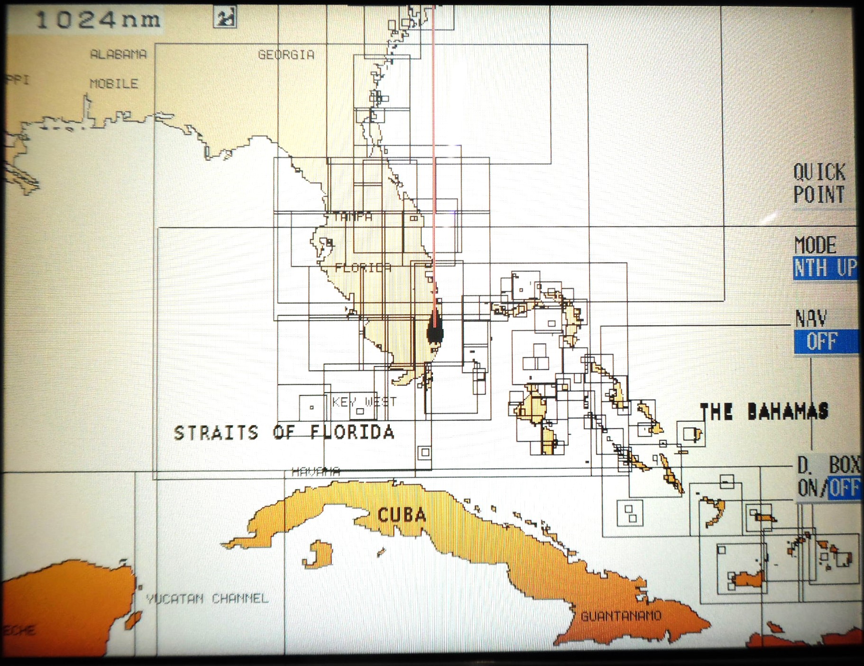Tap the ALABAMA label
119,55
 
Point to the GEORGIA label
286,55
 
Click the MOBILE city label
114,84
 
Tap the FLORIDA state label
363,267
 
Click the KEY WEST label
364,402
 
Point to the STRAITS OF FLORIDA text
284,432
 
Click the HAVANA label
315,471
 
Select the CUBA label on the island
402,515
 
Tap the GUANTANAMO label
621,616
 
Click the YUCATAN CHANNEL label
207,599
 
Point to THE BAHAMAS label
764,411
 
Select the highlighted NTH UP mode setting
825,268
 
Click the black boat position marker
435,329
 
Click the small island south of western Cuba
317,554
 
